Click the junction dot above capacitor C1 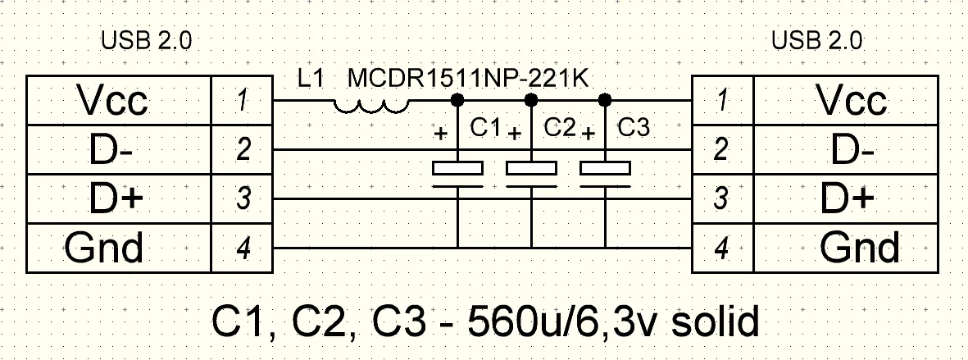click(x=457, y=100)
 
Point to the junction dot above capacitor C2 click(x=531, y=100)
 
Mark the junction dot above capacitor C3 click(x=605, y=100)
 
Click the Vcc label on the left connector click(x=112, y=101)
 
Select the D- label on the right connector click(x=852, y=150)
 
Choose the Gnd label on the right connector click(x=860, y=247)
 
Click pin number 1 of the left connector click(x=242, y=101)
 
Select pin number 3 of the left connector click(x=242, y=199)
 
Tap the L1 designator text click(x=311, y=80)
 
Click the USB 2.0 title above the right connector click(x=817, y=41)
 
